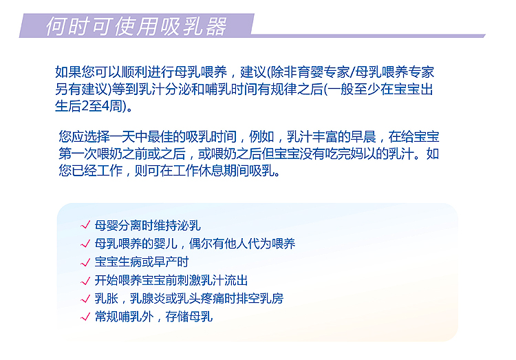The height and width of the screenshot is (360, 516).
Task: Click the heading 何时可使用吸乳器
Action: pos(136,26)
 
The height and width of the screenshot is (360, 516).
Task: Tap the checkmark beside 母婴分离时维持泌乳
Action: pos(85,225)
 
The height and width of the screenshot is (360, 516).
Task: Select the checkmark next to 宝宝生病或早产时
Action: pos(85,262)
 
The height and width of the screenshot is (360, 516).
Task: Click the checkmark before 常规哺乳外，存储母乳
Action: pos(85,317)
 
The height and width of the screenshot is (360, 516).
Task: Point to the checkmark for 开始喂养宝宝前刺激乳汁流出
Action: pos(85,281)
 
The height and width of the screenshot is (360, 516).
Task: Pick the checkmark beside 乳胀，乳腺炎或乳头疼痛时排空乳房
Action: pos(85,299)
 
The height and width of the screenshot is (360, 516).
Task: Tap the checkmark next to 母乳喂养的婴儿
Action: pos(85,244)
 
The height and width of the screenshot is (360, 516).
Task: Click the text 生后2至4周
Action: pos(88,107)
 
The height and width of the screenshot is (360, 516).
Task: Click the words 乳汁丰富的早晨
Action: pos(332,137)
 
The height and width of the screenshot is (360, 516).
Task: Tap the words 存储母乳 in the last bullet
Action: pos(189,317)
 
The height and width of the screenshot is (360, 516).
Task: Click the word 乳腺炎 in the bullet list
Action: pos(147,299)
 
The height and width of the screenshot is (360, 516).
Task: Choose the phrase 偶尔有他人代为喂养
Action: pos(242,244)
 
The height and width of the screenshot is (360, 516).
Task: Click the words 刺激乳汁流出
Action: pos(213,281)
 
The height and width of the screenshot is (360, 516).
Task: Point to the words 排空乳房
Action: pos(259,299)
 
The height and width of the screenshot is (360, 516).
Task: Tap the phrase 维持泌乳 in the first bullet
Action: pos(177,226)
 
